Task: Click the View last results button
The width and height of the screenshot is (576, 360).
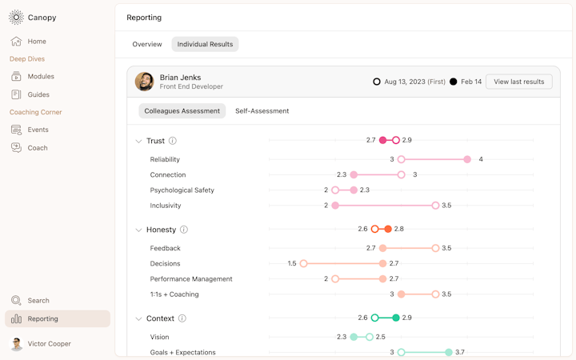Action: pos(518,82)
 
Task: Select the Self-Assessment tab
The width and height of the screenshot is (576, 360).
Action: pos(262,111)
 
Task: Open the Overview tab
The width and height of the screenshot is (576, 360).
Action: pos(147,45)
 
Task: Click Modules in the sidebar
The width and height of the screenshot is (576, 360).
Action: pos(41,77)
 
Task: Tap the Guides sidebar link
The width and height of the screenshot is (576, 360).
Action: pos(38,94)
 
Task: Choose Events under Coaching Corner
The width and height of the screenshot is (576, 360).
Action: pos(38,130)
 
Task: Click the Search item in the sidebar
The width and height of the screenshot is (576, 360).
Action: pos(38,301)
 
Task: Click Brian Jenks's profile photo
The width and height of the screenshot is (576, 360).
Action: pos(144,82)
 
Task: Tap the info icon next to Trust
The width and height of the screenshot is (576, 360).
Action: pos(173,142)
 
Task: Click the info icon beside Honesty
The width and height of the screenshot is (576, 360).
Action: pos(184,230)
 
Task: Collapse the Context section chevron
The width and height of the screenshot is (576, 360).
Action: pos(138,318)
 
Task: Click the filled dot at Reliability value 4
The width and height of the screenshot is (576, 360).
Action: pos(467,159)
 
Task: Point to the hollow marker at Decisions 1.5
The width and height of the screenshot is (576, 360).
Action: pos(303,263)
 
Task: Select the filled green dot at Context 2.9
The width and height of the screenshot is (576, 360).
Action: pos(396,318)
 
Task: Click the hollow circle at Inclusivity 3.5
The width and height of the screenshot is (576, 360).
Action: pos(435,206)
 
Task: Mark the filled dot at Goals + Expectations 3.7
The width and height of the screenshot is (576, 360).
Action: pos(449,352)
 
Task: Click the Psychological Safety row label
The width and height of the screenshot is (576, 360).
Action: pos(182,190)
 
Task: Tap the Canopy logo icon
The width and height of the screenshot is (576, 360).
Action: pos(16,18)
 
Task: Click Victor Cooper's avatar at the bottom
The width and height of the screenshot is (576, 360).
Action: pos(16,344)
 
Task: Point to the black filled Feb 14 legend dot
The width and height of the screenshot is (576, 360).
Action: pos(454,82)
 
